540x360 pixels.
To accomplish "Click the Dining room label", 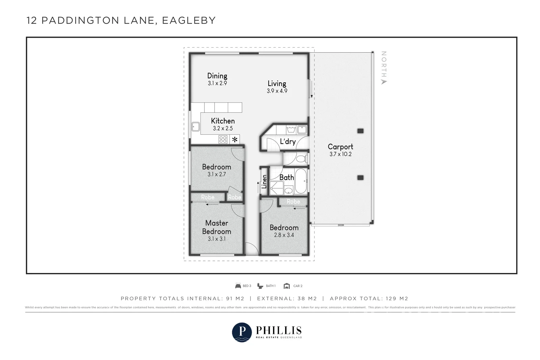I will pyautogui.click(x=217, y=76).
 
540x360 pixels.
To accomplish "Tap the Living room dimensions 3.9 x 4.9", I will pyautogui.click(x=277, y=91).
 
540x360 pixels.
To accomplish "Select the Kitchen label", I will pyautogui.click(x=223, y=121).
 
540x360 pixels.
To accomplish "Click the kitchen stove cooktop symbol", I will pyautogui.click(x=223, y=139).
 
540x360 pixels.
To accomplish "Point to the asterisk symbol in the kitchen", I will pyautogui.click(x=235, y=139).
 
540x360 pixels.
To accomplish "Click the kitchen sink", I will pyautogui.click(x=195, y=127).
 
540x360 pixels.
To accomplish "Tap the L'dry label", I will pyautogui.click(x=288, y=141).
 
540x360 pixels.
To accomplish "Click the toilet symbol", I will pyautogui.click(x=302, y=159).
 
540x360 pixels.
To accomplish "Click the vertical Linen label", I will pyautogui.click(x=264, y=182).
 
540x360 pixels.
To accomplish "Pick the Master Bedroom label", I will pyautogui.click(x=216, y=227).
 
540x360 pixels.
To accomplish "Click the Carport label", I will pyautogui.click(x=340, y=147).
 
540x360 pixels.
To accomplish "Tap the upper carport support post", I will pyautogui.click(x=360, y=131).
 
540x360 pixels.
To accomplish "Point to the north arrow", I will pyautogui.click(x=383, y=82).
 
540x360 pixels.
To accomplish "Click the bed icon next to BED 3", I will pyautogui.click(x=238, y=286).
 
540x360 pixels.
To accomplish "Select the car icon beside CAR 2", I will pyautogui.click(x=287, y=286).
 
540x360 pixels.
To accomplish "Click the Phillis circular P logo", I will pyautogui.click(x=242, y=332).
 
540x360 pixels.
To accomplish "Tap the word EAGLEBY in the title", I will pyautogui.click(x=189, y=21).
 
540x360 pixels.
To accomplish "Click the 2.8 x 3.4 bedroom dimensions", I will pyautogui.click(x=284, y=235).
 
